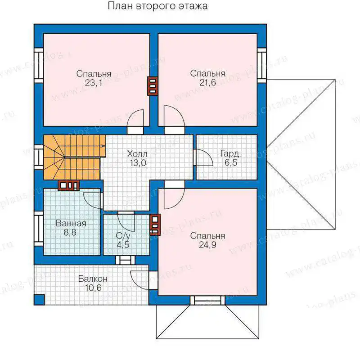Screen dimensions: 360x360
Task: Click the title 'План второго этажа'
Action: tap(158, 6)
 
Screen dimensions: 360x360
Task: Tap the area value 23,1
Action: tap(94, 83)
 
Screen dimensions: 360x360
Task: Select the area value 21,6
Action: tap(207, 82)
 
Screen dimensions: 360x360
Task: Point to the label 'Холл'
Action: tap(137, 153)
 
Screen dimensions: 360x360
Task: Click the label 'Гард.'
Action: tap(230, 153)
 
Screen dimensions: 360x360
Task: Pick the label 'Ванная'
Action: tap(71, 223)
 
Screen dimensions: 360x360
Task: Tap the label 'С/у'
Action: tap(123, 236)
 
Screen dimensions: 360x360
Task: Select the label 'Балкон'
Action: tap(93, 279)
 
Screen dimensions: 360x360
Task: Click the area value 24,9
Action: tap(207, 245)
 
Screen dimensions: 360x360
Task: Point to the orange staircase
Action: tap(73, 157)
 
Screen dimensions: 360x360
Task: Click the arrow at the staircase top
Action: tap(103, 145)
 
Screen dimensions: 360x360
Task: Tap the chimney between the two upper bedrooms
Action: tap(153, 86)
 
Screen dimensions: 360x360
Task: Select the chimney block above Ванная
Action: tap(69, 185)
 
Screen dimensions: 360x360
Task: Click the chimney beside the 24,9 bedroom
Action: tap(155, 225)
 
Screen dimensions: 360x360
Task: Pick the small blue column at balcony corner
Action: tap(39, 299)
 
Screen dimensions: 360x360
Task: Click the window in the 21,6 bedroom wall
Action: tap(261, 65)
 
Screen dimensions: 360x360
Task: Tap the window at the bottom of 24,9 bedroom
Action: tap(208, 300)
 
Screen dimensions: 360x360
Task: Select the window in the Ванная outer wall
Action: tap(39, 229)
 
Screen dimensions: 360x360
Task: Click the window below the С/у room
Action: tap(126, 260)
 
